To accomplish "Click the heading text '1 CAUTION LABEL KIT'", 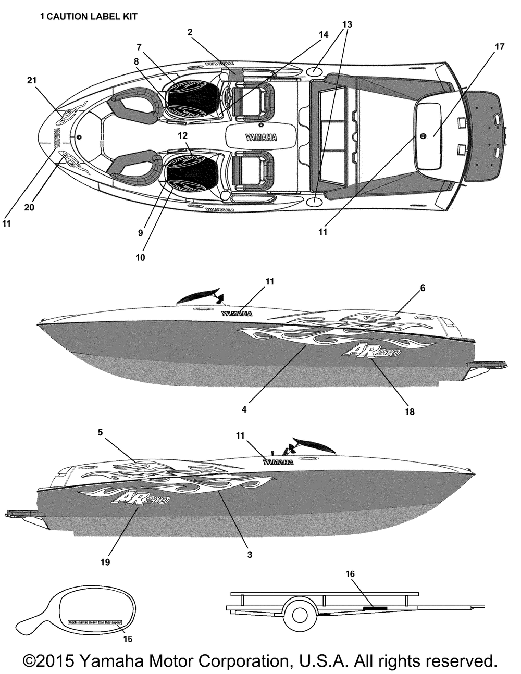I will click(x=89, y=17).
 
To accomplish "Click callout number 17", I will click(x=499, y=47).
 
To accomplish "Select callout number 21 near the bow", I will click(x=32, y=81).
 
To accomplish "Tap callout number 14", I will click(x=324, y=34).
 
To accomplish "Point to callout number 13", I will click(x=347, y=24).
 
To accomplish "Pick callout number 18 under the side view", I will click(x=410, y=411).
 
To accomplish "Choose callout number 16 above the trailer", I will click(x=350, y=573).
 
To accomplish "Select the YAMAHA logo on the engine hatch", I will click(x=261, y=138).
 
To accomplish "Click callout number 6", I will click(x=423, y=288).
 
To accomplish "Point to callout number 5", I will click(x=101, y=432).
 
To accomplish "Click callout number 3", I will click(x=250, y=555).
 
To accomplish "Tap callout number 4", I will click(x=244, y=409).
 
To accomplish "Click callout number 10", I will click(x=141, y=257).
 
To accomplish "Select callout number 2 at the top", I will click(x=190, y=32).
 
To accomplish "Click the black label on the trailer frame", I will click(x=375, y=608).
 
